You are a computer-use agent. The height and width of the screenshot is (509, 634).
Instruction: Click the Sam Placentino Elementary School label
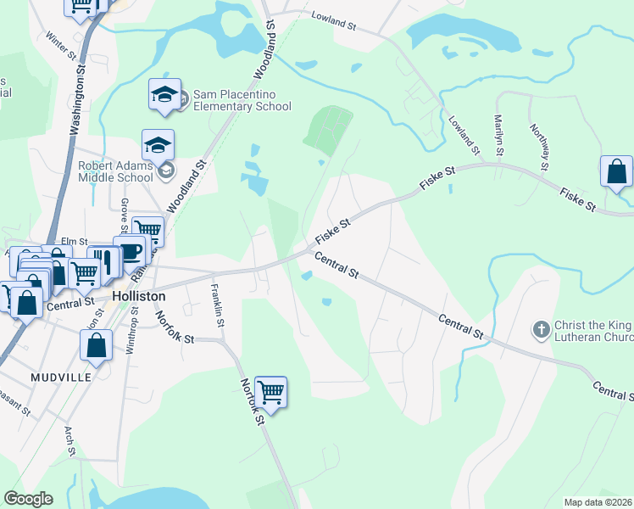coord(242,100)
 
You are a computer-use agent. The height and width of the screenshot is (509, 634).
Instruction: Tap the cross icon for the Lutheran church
coord(539,327)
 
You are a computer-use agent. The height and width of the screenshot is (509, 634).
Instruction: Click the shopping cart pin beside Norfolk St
coord(270,393)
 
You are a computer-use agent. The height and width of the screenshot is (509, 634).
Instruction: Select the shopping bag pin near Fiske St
coord(616,171)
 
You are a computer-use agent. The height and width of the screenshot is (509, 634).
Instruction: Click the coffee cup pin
coord(129,251)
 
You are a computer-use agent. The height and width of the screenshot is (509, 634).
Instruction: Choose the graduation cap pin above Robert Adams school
coord(158,145)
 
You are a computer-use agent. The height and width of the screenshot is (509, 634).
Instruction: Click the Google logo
coord(28,499)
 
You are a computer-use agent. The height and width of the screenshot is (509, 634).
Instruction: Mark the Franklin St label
coord(219,300)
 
